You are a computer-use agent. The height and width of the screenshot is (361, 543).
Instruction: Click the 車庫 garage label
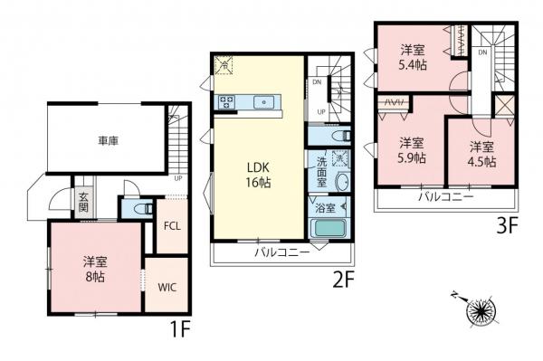coord(109,141)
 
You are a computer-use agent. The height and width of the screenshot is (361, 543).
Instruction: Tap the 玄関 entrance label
coord(83,202)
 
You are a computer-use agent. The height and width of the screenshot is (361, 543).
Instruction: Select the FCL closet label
coord(172,226)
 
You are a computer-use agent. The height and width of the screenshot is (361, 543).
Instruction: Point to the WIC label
coord(167,288)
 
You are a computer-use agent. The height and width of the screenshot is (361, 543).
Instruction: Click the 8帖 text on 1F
coord(95,277)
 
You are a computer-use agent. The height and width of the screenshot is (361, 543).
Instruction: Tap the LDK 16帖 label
coord(258,175)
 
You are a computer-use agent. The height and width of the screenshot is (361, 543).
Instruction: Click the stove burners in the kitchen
coord(226,102)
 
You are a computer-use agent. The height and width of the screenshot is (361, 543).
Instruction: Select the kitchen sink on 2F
coord(263,102)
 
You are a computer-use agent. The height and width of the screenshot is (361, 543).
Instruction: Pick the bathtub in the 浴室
coord(329,228)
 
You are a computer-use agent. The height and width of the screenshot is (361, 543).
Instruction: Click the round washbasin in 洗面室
coord(343,182)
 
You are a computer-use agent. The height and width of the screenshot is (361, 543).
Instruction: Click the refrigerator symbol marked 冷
coord(224,65)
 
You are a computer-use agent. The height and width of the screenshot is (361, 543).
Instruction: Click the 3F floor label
coord(507,226)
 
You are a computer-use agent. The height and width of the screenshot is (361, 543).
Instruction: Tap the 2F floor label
coord(343,280)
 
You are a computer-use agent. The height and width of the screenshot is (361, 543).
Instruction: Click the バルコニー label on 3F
coord(446,197)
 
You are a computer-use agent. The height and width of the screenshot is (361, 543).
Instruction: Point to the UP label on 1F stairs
coord(178,178)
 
